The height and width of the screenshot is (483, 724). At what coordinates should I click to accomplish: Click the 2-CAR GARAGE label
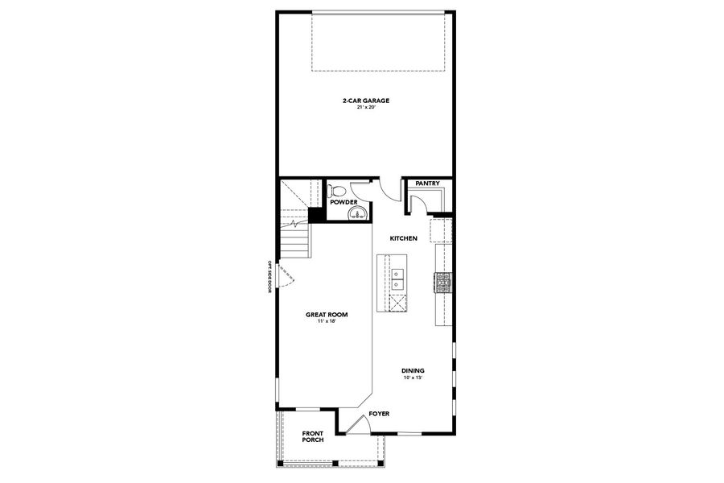(x=365, y=101)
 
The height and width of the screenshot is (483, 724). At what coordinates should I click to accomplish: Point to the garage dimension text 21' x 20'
(x=365, y=108)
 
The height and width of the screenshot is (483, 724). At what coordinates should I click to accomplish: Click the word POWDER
(x=343, y=202)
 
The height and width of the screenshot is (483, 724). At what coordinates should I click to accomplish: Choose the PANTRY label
(x=427, y=184)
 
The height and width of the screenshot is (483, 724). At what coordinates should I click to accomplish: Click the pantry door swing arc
(x=416, y=201)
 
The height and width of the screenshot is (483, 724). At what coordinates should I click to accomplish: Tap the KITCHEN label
(x=403, y=239)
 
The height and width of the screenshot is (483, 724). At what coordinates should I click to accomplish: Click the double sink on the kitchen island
(x=398, y=279)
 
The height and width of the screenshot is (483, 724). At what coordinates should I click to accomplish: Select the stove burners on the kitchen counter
(x=443, y=281)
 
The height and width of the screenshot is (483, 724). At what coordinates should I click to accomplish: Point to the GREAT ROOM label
(x=326, y=315)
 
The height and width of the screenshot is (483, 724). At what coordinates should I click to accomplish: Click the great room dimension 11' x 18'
(x=326, y=322)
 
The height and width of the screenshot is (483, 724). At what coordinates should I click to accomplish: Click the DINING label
(x=413, y=370)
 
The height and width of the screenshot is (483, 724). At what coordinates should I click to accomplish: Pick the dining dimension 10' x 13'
(x=413, y=378)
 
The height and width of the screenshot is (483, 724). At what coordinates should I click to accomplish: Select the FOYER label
(x=379, y=414)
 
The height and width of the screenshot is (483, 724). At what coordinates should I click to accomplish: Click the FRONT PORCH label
(x=313, y=436)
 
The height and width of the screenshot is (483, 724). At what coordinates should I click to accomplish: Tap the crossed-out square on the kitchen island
(x=398, y=303)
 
